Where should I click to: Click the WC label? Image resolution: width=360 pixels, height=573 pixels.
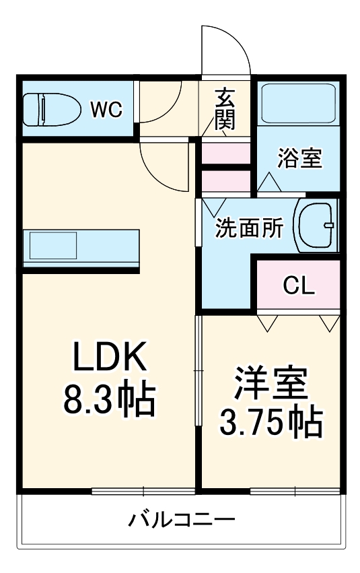pyautogui.click(x=107, y=109)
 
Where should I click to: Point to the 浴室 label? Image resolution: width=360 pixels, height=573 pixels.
pyautogui.click(x=300, y=160)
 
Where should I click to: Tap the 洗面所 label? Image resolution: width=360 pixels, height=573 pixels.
pyautogui.click(x=248, y=229)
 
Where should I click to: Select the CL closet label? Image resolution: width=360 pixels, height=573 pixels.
pyautogui.click(x=298, y=286)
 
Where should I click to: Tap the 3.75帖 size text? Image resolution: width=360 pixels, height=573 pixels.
pyautogui.click(x=271, y=422)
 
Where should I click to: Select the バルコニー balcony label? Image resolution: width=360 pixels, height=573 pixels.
pyautogui.click(x=182, y=520)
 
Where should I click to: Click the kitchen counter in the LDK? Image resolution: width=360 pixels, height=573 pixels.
pyautogui.click(x=81, y=247)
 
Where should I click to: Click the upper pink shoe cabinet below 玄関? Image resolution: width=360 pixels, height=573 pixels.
pyautogui.click(x=226, y=153)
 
